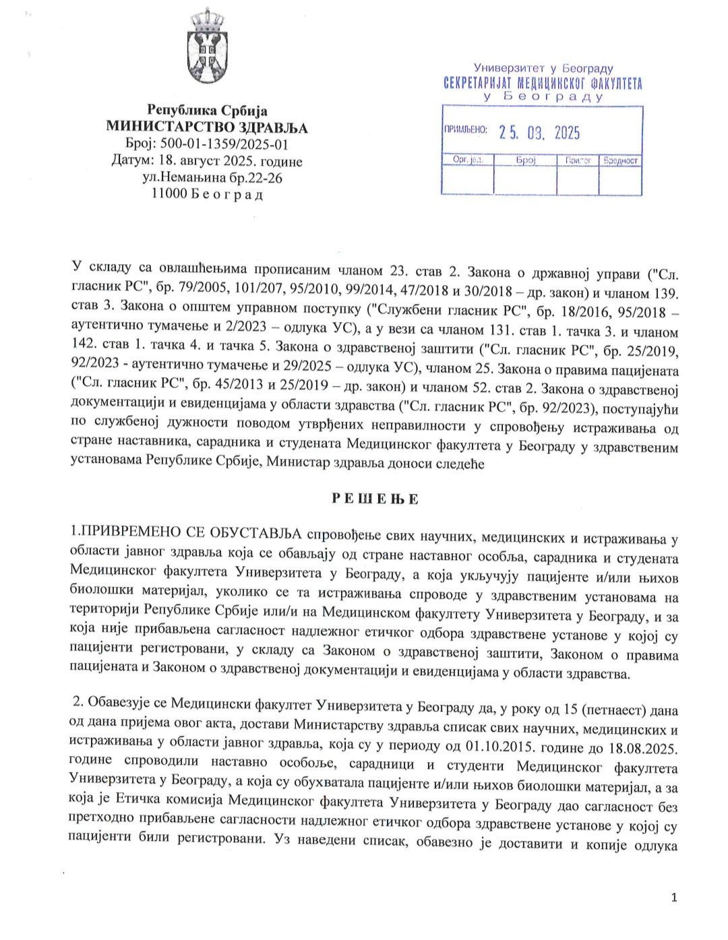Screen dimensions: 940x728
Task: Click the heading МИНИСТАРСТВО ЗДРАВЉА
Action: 207,127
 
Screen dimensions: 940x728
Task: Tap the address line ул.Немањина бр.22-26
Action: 212,178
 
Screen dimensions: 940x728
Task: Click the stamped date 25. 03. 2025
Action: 539,133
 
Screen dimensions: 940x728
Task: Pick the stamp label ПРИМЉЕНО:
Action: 464,129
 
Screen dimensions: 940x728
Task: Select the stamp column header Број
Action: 525,160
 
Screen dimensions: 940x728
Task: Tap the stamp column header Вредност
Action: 620,160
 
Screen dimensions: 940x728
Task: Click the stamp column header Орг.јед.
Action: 466,160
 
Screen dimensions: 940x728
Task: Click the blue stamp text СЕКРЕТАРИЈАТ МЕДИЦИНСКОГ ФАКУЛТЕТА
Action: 543,84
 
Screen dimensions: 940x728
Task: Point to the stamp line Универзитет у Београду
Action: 543,68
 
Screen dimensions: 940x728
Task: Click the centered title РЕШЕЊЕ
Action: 375,499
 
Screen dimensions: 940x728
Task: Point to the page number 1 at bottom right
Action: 673,897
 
